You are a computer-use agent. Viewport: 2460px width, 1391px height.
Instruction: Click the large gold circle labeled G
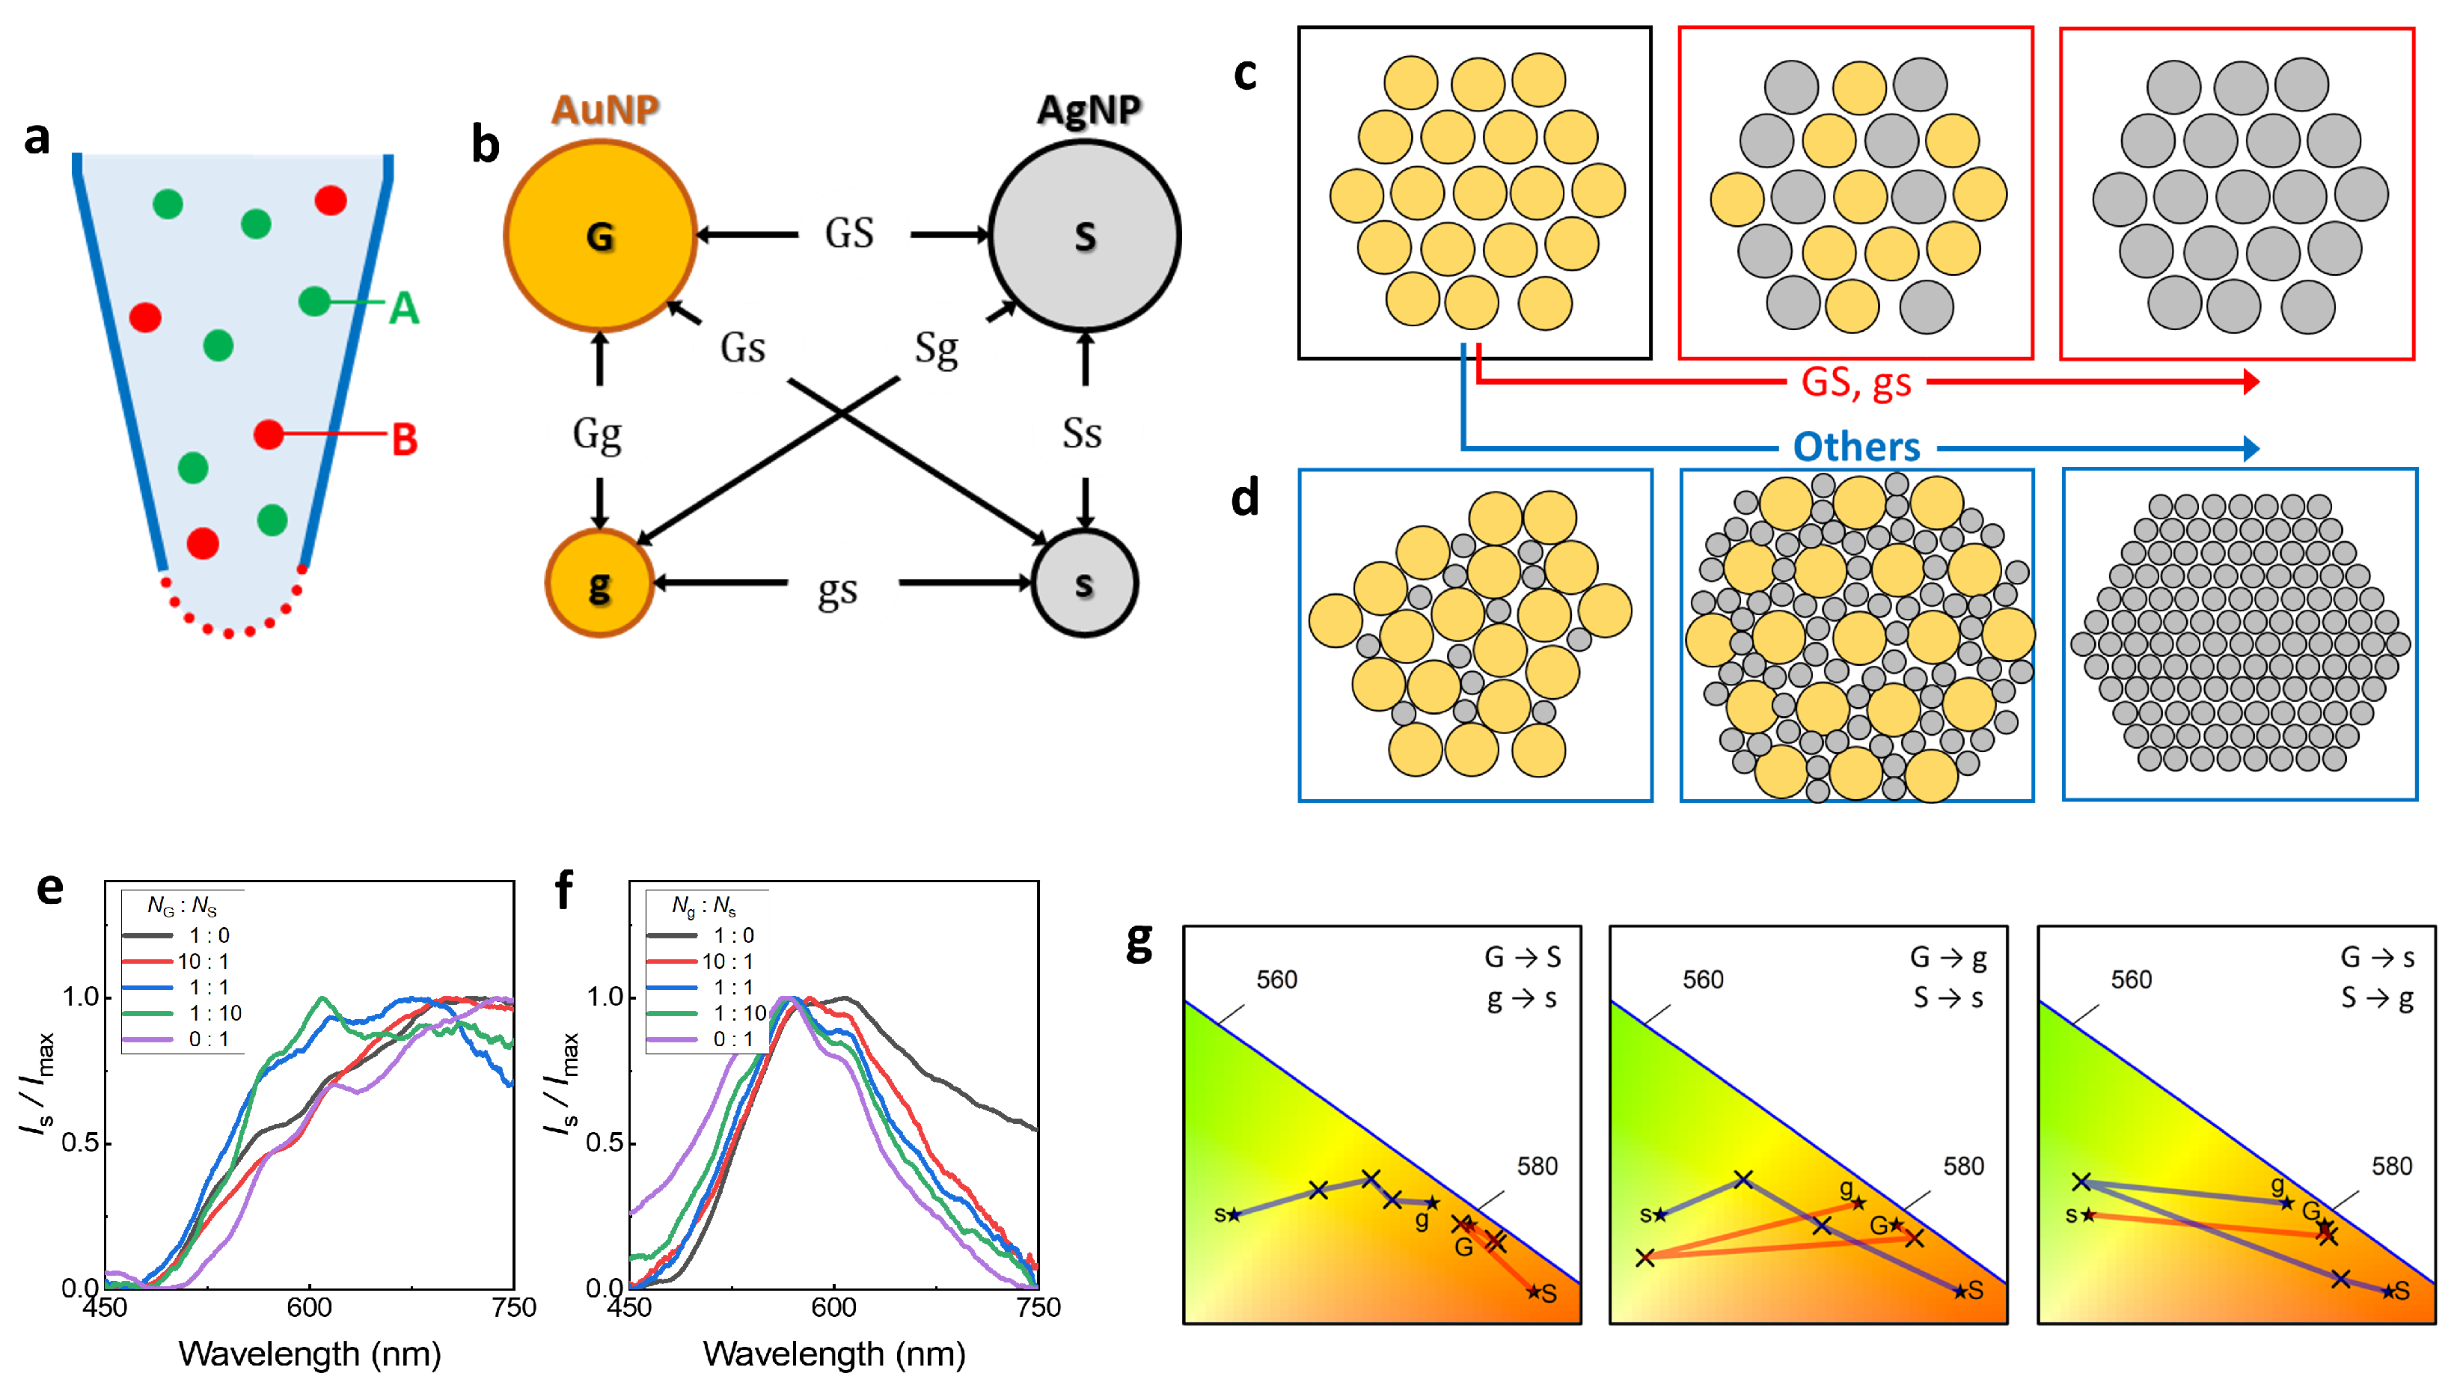(x=600, y=235)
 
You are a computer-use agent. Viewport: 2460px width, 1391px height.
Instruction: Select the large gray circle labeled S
(x=1084, y=235)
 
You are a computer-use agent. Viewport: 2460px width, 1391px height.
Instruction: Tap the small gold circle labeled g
(x=599, y=583)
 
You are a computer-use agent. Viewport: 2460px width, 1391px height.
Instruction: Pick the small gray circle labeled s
(x=1084, y=583)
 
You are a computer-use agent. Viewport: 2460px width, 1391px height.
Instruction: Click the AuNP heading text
(x=605, y=110)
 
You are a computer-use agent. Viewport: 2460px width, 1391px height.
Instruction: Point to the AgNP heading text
(x=1089, y=110)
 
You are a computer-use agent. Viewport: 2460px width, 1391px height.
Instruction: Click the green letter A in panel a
(x=404, y=308)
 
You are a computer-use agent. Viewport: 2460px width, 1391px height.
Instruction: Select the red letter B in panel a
(x=405, y=439)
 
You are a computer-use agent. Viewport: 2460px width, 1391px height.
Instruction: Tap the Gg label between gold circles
(x=597, y=435)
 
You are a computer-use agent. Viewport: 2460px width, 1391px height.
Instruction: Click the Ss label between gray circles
(x=1082, y=435)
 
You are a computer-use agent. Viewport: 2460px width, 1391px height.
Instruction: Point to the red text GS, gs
(x=1855, y=382)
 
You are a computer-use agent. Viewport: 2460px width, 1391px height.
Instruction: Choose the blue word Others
(x=1855, y=446)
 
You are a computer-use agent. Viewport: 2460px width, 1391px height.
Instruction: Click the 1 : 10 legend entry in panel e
(x=215, y=1012)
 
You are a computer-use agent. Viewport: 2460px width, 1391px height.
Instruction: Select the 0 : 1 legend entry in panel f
(x=733, y=1039)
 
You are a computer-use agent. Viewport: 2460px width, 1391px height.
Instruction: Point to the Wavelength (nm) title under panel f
(x=833, y=1354)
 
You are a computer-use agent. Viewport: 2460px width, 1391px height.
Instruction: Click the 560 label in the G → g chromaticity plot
(x=1703, y=979)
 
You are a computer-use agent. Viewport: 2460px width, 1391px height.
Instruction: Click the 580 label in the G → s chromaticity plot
(x=2391, y=1166)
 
